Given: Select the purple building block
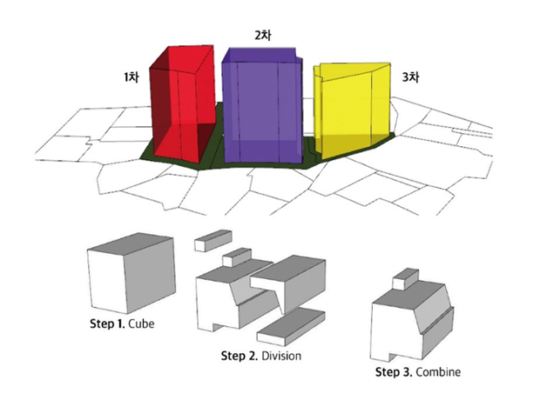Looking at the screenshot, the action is pos(262,107).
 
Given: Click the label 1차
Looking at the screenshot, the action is pos(132,77).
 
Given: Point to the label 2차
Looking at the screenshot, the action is pos(262,35).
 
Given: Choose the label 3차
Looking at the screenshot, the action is pos(410,77).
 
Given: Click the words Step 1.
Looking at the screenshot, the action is pos(107,323).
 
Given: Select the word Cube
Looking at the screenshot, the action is pos(141,324).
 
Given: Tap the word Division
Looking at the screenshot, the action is pos(281,356).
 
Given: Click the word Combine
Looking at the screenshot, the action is pos(438,372).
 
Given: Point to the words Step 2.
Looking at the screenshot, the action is pos(240,356).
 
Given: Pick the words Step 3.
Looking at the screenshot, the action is pos(394,372).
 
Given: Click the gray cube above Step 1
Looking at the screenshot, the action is pos(132,273).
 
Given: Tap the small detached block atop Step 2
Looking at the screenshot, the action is pos(213,240).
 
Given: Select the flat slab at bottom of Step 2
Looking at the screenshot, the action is pos(291,327).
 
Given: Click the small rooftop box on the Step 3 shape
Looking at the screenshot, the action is pos(406,279).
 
